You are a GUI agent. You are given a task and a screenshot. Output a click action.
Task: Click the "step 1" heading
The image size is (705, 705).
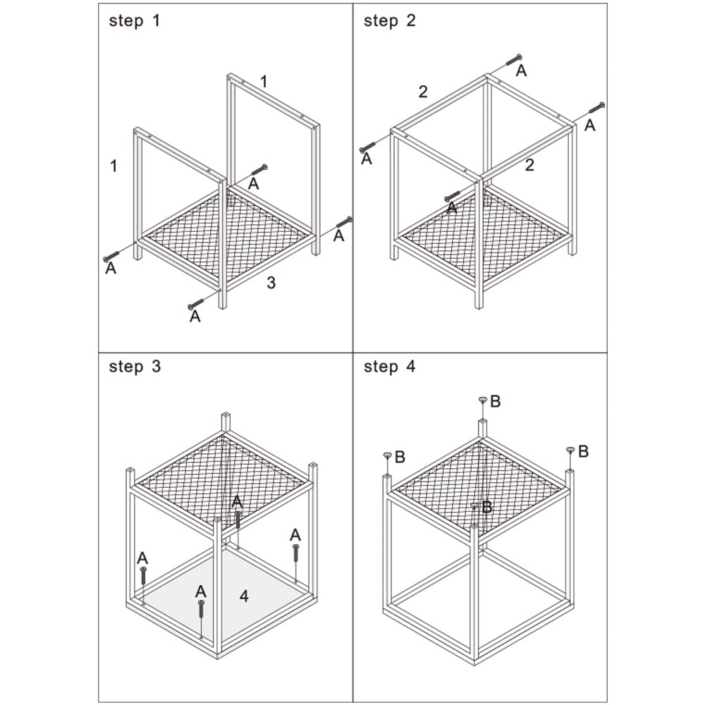point(134,20)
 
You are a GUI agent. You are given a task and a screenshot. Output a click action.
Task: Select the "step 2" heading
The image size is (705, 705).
point(389,20)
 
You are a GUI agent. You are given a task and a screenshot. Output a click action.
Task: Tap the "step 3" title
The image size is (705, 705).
point(135,367)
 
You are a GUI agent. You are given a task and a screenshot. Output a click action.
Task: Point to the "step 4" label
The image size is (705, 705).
point(389,367)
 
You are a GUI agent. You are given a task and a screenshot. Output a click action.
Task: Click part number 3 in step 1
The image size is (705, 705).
point(271,283)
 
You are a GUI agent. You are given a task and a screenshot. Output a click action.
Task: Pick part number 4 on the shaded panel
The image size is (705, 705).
point(244,596)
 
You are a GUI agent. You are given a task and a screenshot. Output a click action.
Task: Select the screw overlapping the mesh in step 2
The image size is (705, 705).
point(453,197)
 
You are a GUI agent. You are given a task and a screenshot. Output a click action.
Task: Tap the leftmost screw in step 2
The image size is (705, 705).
point(367,147)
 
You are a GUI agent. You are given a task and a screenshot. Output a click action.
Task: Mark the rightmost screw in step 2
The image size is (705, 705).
point(597,108)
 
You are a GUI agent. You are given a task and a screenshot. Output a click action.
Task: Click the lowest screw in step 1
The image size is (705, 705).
point(195,304)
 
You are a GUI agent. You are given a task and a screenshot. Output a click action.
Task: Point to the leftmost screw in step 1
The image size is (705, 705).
point(111,256)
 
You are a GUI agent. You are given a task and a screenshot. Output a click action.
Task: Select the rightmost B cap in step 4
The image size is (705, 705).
point(570,449)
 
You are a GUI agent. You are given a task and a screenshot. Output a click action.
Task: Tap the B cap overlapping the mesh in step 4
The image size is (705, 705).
point(474,505)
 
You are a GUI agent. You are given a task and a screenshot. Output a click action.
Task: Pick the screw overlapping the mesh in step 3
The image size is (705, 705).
point(238,520)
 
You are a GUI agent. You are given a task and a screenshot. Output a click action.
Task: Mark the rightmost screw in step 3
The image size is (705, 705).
point(295,553)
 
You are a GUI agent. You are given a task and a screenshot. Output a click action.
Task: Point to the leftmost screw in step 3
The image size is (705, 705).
point(143,575)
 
